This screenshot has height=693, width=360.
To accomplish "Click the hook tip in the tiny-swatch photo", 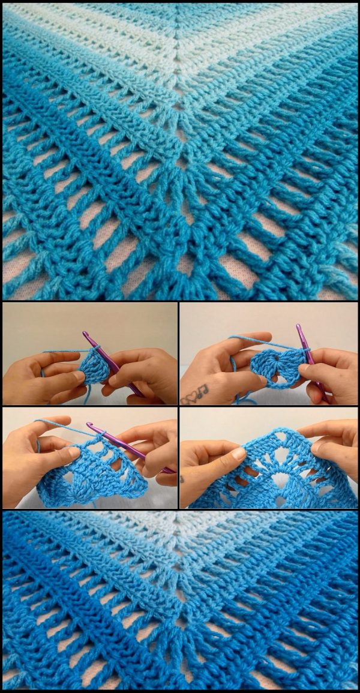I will click(x=86, y=334).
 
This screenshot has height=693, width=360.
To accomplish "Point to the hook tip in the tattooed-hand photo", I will click(x=298, y=327).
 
